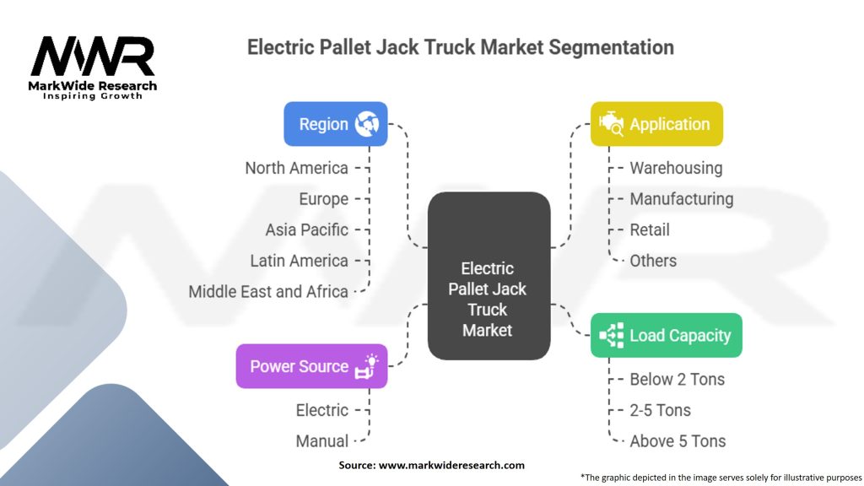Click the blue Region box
point(335,124)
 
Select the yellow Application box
point(656,124)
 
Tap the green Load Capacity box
point(666,335)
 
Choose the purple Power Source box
point(311,366)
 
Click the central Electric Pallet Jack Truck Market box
point(489,299)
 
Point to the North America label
point(296,168)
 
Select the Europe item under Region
point(323,199)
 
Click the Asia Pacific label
point(306,229)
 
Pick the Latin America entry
point(299,261)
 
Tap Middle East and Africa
point(268,292)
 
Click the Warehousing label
point(676,168)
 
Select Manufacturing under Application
point(681,199)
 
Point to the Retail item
point(650,229)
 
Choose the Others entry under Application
point(653,261)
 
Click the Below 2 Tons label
point(677,379)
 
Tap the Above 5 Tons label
point(678,440)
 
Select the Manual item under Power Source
point(321,440)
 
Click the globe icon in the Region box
point(367,124)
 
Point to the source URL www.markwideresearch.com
point(451,465)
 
